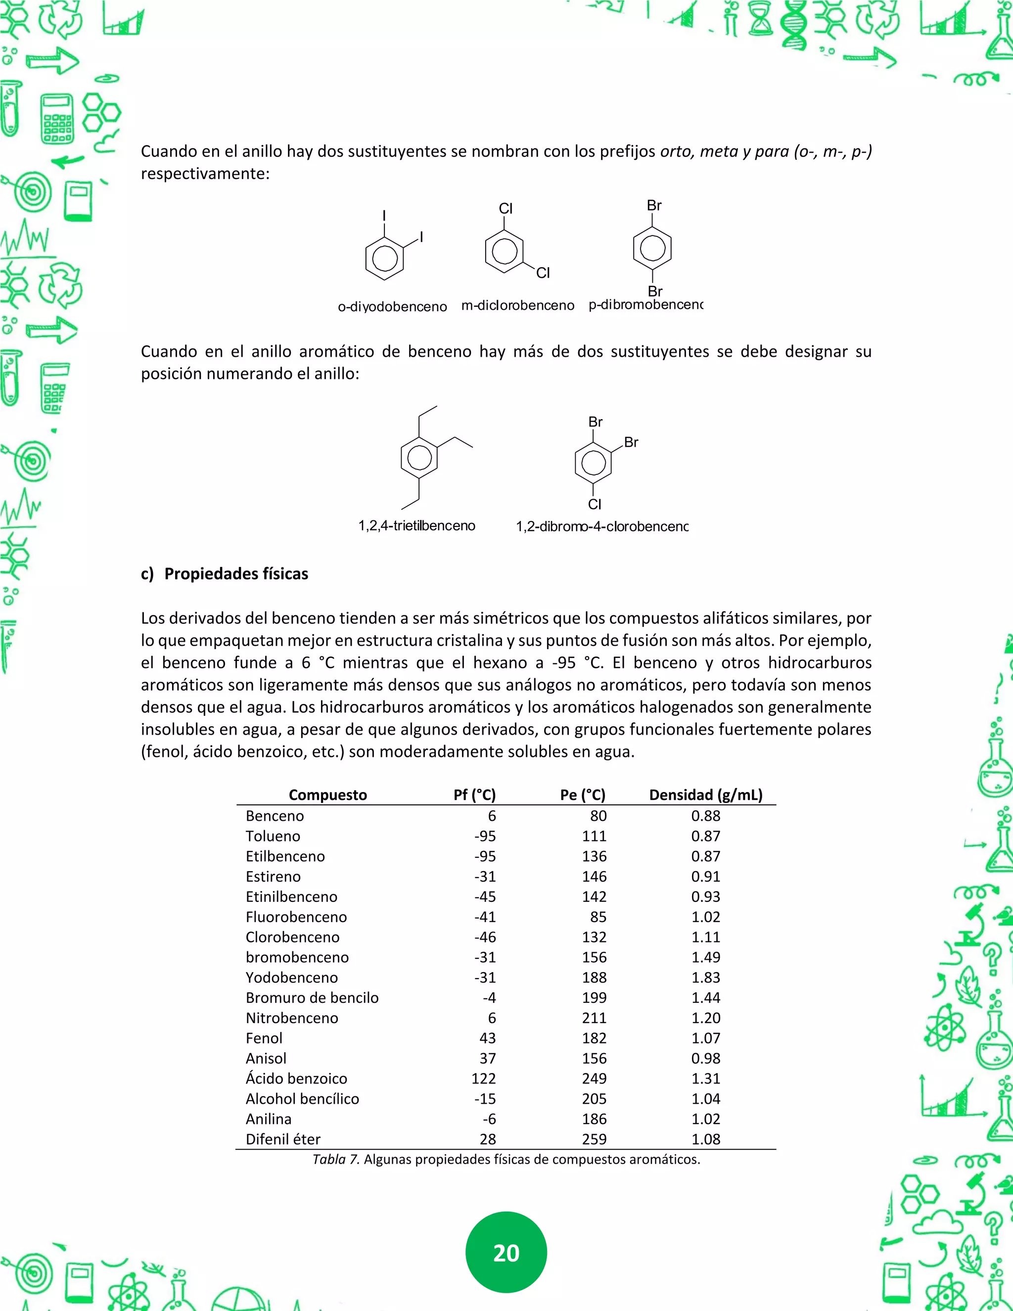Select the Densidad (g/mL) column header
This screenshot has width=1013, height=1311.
click(705, 795)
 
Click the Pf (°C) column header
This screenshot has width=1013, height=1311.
click(474, 795)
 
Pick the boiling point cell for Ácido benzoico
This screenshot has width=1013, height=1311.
click(594, 1078)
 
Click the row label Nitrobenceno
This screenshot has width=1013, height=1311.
click(292, 1018)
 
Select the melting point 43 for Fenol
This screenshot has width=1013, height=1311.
click(487, 1038)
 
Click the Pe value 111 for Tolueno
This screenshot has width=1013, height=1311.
click(594, 836)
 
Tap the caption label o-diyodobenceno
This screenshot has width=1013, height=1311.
click(392, 307)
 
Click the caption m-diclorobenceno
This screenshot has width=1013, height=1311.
click(517, 306)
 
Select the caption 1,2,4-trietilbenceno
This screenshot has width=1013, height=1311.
click(416, 526)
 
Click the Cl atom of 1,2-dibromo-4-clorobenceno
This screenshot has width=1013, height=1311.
click(594, 504)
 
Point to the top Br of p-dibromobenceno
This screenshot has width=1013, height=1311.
click(653, 206)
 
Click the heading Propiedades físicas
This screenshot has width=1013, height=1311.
click(236, 574)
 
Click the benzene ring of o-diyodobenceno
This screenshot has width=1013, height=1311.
click(384, 259)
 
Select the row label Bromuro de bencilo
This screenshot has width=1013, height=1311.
click(312, 998)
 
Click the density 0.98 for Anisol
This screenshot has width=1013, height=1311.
click(705, 1058)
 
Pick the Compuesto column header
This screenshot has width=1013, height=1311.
click(327, 795)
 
